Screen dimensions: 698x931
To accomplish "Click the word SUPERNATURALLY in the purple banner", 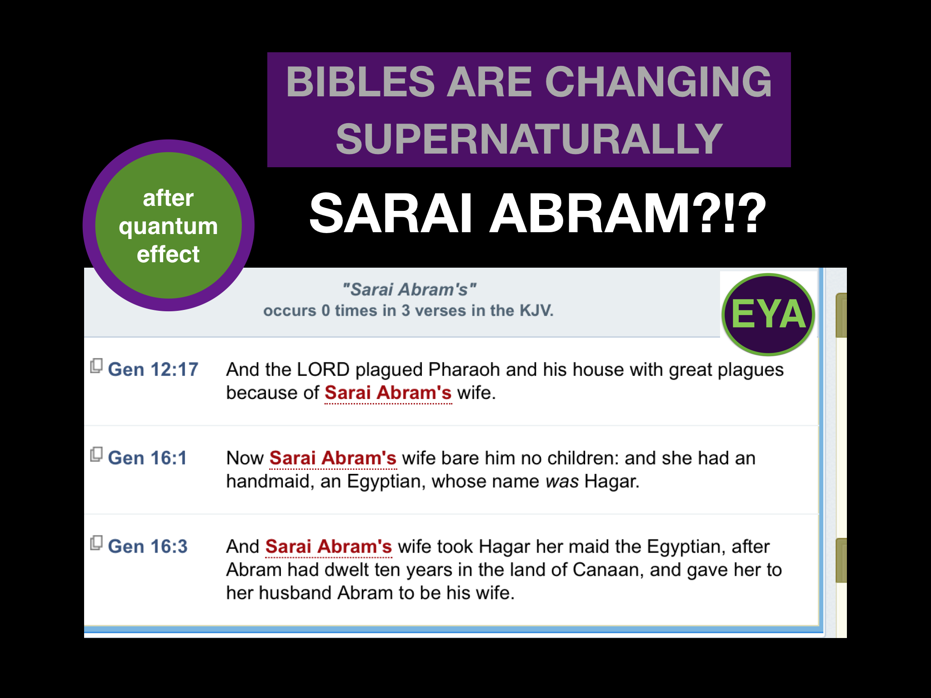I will (529, 139).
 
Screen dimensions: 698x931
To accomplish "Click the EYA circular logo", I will (768, 314).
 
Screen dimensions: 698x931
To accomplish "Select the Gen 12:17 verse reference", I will (153, 369).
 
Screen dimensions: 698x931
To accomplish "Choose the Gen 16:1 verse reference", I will (147, 458).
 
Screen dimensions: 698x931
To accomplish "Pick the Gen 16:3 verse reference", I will (148, 547).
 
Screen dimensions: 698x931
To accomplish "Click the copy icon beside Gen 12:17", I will (96, 366).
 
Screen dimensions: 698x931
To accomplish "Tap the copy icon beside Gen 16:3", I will (96, 543).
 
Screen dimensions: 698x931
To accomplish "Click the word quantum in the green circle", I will (168, 226).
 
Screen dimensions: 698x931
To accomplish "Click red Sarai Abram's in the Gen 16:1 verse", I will (333, 458).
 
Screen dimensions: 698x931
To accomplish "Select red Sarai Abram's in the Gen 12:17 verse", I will (388, 393).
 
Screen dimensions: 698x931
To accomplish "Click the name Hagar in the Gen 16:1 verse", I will (611, 481).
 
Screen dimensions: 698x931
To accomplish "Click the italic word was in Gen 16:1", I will (562, 481).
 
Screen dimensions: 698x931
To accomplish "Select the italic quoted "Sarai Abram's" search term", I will (409, 289).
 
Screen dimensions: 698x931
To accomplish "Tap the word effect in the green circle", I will (168, 254).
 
